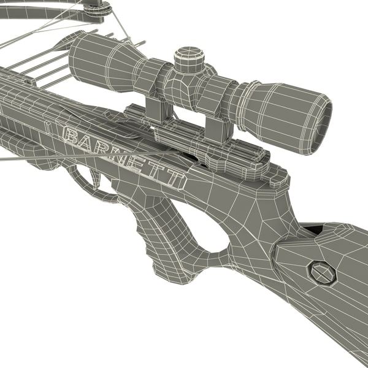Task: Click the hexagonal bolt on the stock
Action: [x=321, y=272]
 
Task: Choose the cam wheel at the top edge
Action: [x=96, y=7]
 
